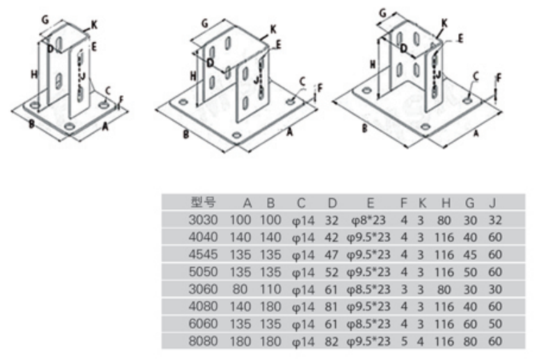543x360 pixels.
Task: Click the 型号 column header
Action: point(204,203)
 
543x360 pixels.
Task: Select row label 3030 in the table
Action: point(204,220)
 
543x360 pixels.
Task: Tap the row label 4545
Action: point(204,254)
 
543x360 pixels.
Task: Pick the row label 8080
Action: point(204,341)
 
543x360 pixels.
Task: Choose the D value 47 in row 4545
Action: point(332,254)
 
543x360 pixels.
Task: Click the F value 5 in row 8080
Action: point(403,341)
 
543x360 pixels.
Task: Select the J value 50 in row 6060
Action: point(494,324)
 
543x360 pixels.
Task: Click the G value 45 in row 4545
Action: point(470,254)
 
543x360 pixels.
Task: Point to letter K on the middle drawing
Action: point(273,29)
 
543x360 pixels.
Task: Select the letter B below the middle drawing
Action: point(186,134)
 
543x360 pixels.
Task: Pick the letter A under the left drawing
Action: point(105,127)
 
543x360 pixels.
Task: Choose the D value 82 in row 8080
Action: point(332,341)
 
